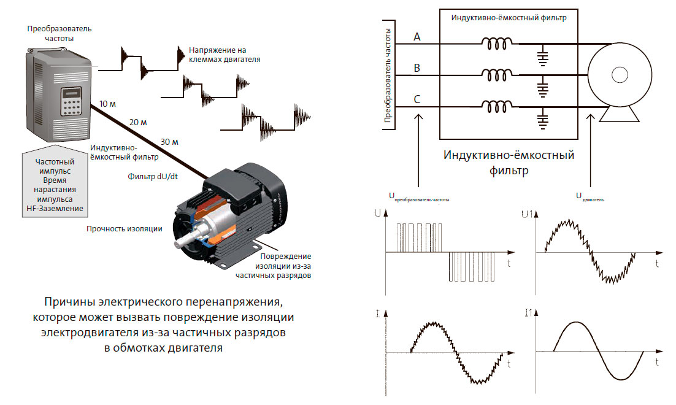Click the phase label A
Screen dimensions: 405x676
[417, 37]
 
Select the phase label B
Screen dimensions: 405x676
[417, 68]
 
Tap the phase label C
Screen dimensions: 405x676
[417, 99]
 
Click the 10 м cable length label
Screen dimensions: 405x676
[107, 104]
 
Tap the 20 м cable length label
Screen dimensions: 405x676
[138, 122]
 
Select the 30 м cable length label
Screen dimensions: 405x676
[169, 142]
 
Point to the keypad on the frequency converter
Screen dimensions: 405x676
[71, 108]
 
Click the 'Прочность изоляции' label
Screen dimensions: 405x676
[124, 229]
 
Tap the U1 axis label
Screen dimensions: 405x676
[526, 214]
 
